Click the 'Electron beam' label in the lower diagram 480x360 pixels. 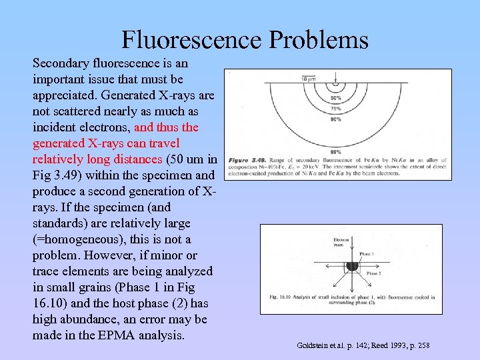[340, 241]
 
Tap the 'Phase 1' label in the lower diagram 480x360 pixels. [367, 254]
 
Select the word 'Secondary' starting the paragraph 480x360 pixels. [61, 63]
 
